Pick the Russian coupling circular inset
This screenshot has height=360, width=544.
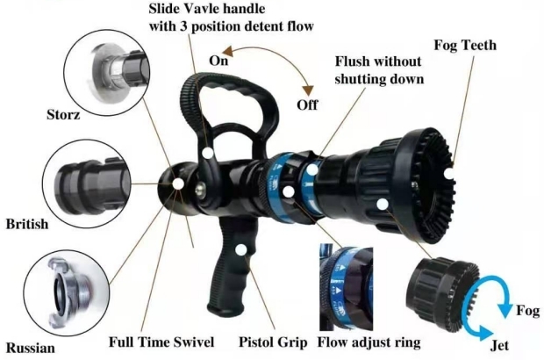tap(66, 289)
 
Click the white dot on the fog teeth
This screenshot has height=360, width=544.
tap(449, 175)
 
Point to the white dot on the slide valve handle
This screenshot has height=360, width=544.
tap(208, 152)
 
